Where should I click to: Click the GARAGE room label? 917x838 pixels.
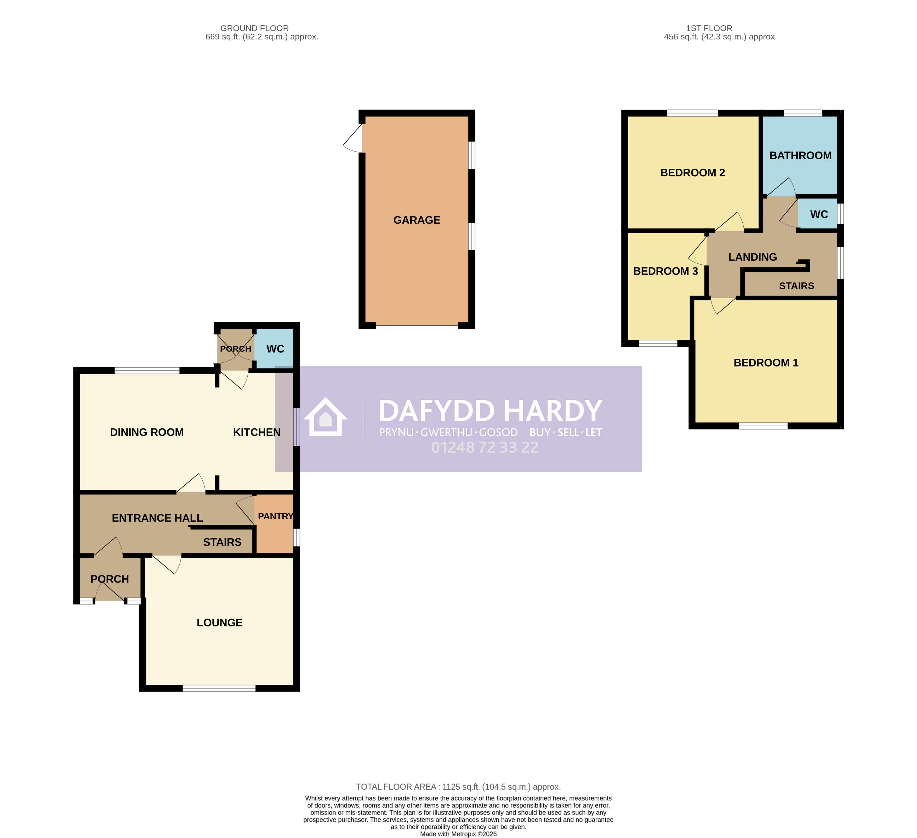click(417, 220)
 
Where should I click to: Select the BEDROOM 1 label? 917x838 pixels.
click(766, 363)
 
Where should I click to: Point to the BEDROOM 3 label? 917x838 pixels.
click(665, 271)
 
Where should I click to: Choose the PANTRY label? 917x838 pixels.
click(275, 516)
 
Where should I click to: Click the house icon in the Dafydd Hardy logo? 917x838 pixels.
click(326, 417)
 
